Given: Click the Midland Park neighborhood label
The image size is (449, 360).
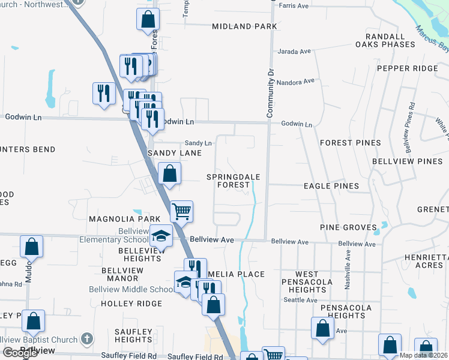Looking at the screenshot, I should tap(245, 26).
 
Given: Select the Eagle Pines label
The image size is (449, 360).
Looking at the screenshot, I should tap(331, 186).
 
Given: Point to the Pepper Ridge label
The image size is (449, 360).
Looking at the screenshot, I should tap(408, 68).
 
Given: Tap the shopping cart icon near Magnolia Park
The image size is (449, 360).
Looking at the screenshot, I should tap(181, 211).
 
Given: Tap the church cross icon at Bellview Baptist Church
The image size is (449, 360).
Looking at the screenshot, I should tap(88, 338).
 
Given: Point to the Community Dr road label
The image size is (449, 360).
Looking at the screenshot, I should tap(270, 92).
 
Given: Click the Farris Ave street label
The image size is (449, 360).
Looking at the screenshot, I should tap(294, 6).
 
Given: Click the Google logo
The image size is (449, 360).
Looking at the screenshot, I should tap(20, 352).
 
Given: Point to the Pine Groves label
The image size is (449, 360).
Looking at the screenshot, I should tap(349, 227).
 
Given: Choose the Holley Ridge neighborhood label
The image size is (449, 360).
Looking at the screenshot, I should tap(131, 304).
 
